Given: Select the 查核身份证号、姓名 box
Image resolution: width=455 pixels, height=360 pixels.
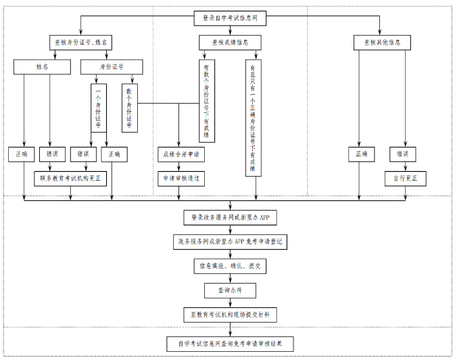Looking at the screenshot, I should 80,42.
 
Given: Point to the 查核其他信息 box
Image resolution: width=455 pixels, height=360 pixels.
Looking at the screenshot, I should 382,42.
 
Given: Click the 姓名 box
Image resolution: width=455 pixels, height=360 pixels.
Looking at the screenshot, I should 43,66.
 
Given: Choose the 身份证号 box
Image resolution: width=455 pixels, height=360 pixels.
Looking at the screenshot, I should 112,66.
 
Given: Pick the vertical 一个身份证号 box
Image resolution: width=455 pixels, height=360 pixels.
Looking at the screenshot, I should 99,107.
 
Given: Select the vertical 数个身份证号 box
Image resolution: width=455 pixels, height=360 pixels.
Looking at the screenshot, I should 129,107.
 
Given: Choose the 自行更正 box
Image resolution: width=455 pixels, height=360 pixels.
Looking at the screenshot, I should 406,179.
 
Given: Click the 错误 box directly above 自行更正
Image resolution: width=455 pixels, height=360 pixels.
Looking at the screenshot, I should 406,154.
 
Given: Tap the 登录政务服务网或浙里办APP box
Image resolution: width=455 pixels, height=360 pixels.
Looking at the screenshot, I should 230,217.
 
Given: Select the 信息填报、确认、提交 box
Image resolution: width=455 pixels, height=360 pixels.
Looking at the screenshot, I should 230,266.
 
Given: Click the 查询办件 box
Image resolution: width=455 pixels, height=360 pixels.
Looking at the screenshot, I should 230,290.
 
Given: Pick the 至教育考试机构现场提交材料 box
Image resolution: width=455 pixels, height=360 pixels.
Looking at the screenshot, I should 230,315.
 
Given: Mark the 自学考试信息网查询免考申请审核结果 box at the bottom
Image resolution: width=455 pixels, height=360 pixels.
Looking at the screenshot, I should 230,344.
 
